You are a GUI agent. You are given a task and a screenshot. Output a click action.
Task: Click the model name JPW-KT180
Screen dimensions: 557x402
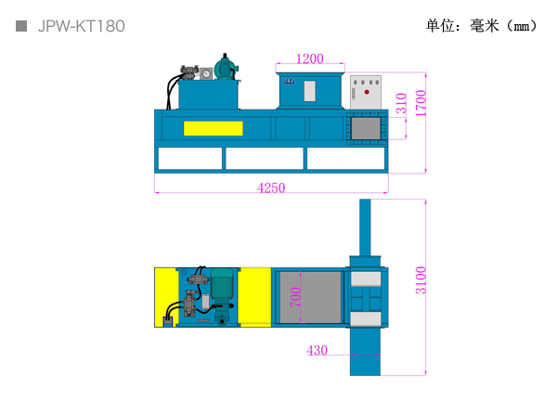click(82, 26)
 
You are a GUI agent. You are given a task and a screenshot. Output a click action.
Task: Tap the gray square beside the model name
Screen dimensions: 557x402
click(21, 26)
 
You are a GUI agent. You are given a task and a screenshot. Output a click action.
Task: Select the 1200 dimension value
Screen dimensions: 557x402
click(310, 58)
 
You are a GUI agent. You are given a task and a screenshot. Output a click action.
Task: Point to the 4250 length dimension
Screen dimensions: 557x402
click(271, 188)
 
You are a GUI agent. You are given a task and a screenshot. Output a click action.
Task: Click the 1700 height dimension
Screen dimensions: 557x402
click(421, 103)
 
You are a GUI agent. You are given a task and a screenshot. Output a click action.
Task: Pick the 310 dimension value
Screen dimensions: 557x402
click(401, 103)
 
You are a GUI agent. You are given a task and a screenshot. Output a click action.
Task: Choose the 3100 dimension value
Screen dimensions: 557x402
click(421, 280)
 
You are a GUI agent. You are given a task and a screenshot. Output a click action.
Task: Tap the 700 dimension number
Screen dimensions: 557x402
click(295, 297)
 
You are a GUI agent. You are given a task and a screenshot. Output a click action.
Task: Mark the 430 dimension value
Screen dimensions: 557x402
click(317, 351)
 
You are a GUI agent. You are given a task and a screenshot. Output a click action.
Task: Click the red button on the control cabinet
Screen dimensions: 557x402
click(367, 92)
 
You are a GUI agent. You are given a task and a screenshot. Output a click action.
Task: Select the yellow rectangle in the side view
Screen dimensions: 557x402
click(214, 128)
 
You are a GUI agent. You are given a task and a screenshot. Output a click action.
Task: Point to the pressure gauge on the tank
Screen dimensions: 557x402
click(206, 74)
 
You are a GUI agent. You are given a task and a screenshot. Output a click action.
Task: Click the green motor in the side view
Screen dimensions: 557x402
click(226, 68)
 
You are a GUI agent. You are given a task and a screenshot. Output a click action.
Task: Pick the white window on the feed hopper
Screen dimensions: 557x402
click(310, 91)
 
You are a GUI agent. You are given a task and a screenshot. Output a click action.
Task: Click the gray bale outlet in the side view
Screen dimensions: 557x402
click(366, 128)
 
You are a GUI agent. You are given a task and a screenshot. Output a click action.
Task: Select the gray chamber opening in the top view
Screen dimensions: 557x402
click(310, 297)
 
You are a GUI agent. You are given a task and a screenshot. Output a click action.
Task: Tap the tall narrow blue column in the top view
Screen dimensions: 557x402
click(365, 227)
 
